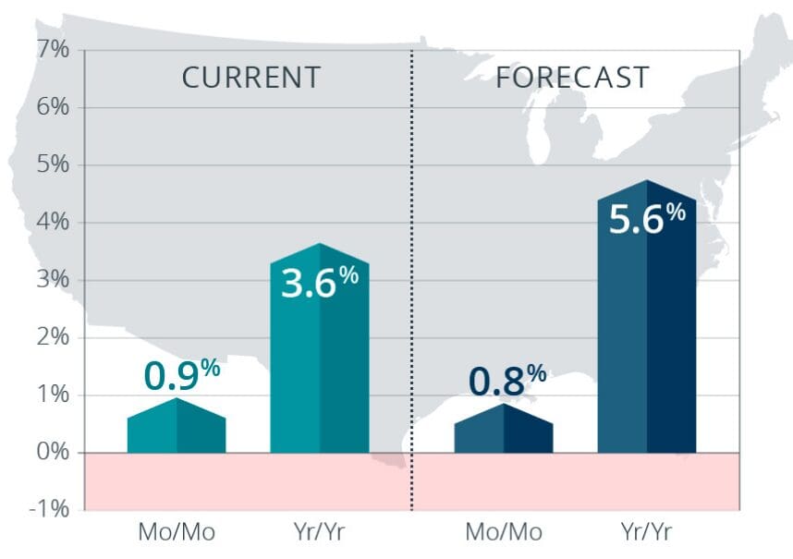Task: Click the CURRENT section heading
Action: tap(250, 78)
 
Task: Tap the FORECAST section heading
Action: tap(572, 78)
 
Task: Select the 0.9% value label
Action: tap(181, 375)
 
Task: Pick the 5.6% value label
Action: tap(646, 219)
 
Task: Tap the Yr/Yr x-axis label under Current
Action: tap(319, 534)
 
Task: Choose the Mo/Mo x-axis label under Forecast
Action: tap(504, 534)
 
